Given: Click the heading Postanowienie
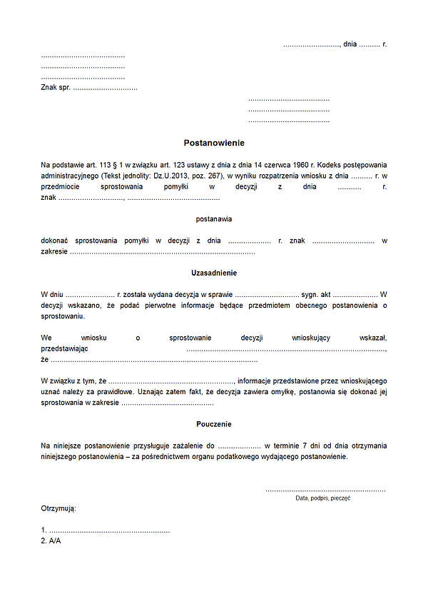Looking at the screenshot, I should (x=214, y=143).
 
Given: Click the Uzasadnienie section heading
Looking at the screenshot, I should (x=214, y=273).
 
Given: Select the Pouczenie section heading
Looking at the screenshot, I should (x=214, y=424).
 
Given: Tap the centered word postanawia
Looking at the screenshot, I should (x=214, y=219).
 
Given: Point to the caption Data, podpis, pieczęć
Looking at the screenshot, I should (x=322, y=498).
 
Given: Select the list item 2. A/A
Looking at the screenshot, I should (x=51, y=541).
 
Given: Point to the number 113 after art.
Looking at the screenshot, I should (x=99, y=164).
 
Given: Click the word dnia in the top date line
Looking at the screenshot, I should (x=350, y=44).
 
